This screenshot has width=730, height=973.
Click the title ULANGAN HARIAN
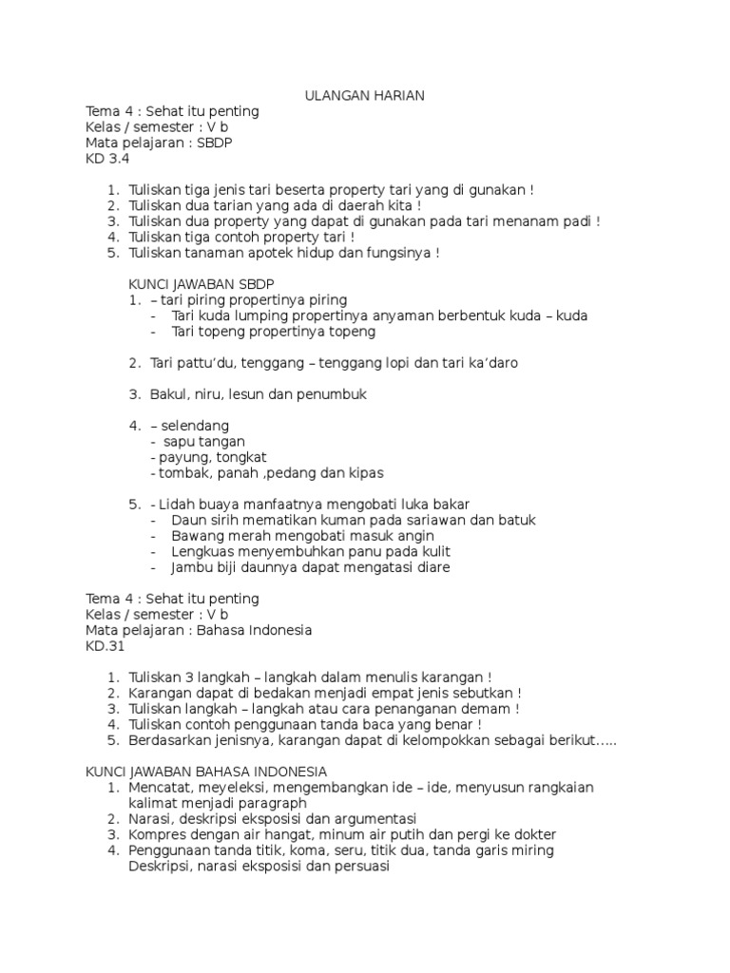pos(364,95)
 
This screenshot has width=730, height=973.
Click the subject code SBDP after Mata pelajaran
pos(215,143)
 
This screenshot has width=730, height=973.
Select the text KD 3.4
pos(106,159)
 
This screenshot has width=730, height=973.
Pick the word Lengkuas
pos(202,551)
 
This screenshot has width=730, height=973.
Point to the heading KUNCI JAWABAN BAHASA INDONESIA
pos(206,771)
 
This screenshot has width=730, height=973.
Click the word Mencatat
pos(159,787)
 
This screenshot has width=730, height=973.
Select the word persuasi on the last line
pos(360,866)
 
